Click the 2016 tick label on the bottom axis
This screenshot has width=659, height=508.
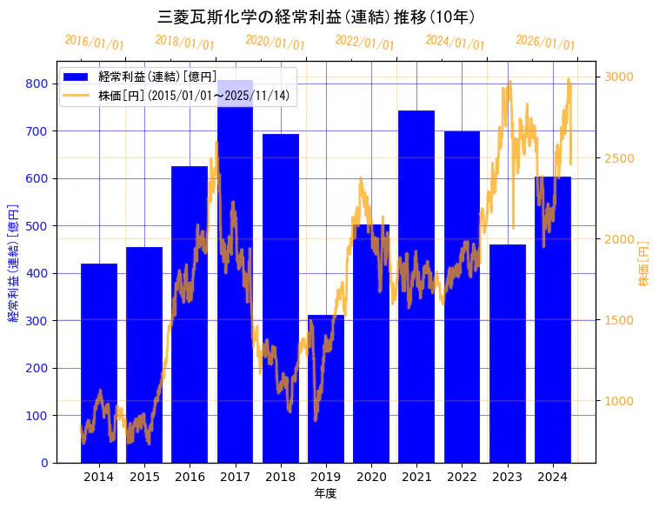[190, 477]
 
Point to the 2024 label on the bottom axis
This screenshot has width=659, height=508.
[553, 477]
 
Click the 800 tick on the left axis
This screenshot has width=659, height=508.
[37, 84]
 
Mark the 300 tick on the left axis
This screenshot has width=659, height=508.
[37, 321]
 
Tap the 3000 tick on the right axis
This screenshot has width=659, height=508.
[620, 77]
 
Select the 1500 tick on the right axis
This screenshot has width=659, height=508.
[620, 320]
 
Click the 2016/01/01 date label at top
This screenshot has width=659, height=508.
[95, 43]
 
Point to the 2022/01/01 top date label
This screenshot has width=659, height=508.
[364, 43]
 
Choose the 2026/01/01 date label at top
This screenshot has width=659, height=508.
[545, 43]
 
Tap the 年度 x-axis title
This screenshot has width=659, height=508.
[325, 493]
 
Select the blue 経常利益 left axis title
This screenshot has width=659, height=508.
[13, 262]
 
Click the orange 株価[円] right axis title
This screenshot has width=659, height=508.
[644, 264]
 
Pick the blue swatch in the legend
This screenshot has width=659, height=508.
[77, 77]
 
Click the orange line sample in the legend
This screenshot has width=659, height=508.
[77, 95]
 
